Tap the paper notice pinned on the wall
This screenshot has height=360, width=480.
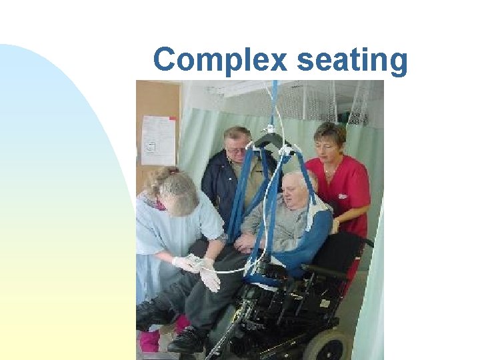coord(158,140)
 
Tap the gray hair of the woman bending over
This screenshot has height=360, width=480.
coord(175,191)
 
